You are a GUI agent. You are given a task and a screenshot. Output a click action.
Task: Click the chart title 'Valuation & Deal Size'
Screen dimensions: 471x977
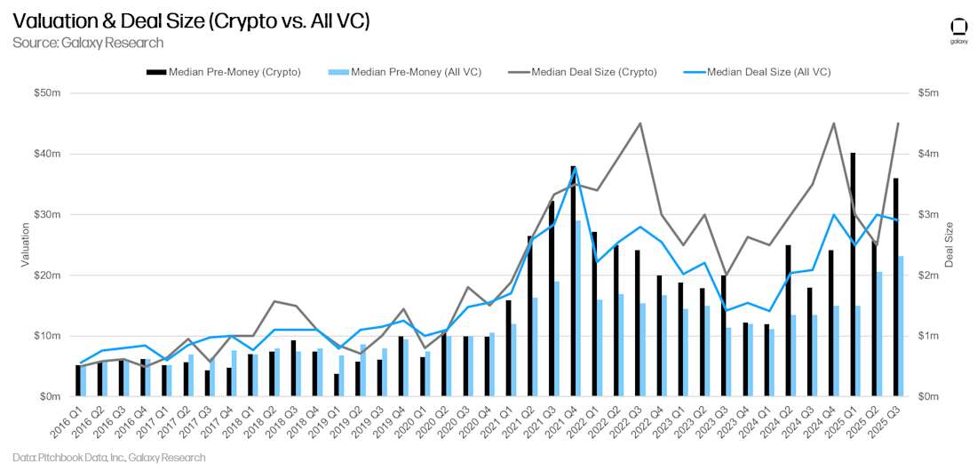click(190, 21)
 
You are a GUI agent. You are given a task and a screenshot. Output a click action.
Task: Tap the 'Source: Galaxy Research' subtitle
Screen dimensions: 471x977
click(88, 43)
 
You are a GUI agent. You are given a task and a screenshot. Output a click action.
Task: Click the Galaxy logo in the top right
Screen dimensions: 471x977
click(958, 29)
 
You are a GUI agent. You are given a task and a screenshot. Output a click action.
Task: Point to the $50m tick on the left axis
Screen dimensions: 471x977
click(47, 93)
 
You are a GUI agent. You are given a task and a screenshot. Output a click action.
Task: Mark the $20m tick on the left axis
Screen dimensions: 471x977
click(47, 275)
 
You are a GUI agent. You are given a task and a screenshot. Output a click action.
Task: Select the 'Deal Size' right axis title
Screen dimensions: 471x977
click(949, 244)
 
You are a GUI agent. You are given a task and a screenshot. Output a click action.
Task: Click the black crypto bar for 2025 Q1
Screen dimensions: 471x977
click(853, 275)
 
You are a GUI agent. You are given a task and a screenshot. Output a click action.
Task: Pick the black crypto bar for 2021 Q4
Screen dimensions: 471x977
click(573, 281)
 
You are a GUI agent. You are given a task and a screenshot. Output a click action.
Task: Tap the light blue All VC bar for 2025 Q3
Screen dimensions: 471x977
click(901, 326)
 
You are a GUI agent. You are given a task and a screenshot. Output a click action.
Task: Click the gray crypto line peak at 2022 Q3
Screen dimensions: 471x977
click(640, 124)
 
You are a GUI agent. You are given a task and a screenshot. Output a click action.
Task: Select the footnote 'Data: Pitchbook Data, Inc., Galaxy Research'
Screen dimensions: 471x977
click(109, 458)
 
